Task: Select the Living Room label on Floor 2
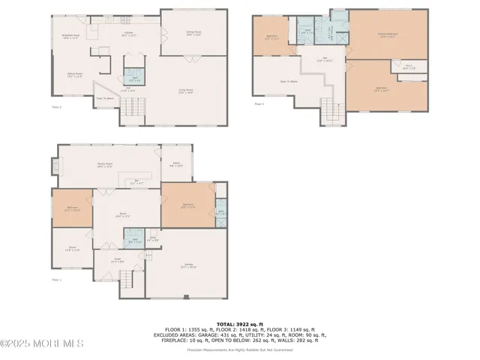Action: coord(187,91)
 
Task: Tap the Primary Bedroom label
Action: coord(386,34)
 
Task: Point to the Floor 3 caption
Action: coord(259,104)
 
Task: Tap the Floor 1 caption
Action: coord(56,280)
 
